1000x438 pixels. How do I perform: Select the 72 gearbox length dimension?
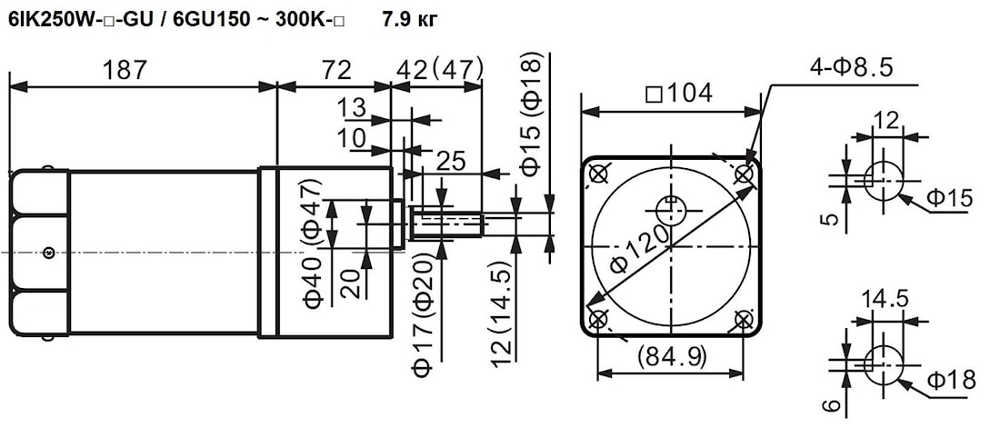click(335, 69)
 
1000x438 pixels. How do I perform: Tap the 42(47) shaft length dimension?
click(436, 69)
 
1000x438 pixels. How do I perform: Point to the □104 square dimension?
click(677, 93)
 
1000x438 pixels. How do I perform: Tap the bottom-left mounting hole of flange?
click(598, 319)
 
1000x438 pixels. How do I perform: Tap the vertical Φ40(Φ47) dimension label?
click(313, 243)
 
